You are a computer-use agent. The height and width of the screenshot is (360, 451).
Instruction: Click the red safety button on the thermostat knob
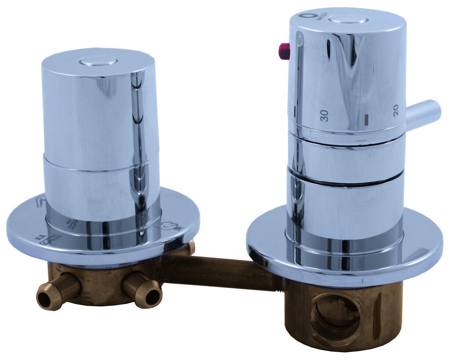click(x=284, y=51)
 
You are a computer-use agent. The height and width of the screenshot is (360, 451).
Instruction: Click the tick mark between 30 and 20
click(x=366, y=119)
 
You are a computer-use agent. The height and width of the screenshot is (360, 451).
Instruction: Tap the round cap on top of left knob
click(x=98, y=61)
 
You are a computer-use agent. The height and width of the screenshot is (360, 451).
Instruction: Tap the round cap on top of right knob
click(x=347, y=19)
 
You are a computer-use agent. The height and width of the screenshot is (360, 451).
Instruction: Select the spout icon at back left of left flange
click(x=40, y=203)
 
